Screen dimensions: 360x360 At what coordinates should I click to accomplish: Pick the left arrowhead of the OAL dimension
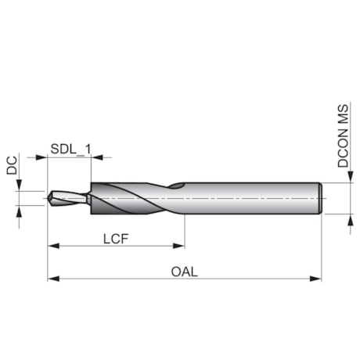[x=52, y=278]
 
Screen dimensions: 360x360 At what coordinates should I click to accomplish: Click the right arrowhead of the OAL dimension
[x=317, y=278]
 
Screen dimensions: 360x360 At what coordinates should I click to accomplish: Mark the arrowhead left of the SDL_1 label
[x=42, y=157]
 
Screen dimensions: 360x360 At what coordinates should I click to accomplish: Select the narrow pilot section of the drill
[x=69, y=198]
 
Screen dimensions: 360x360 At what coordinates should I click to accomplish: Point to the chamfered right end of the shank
[x=321, y=198]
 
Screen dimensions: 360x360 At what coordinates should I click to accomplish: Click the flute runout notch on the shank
[x=178, y=186]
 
